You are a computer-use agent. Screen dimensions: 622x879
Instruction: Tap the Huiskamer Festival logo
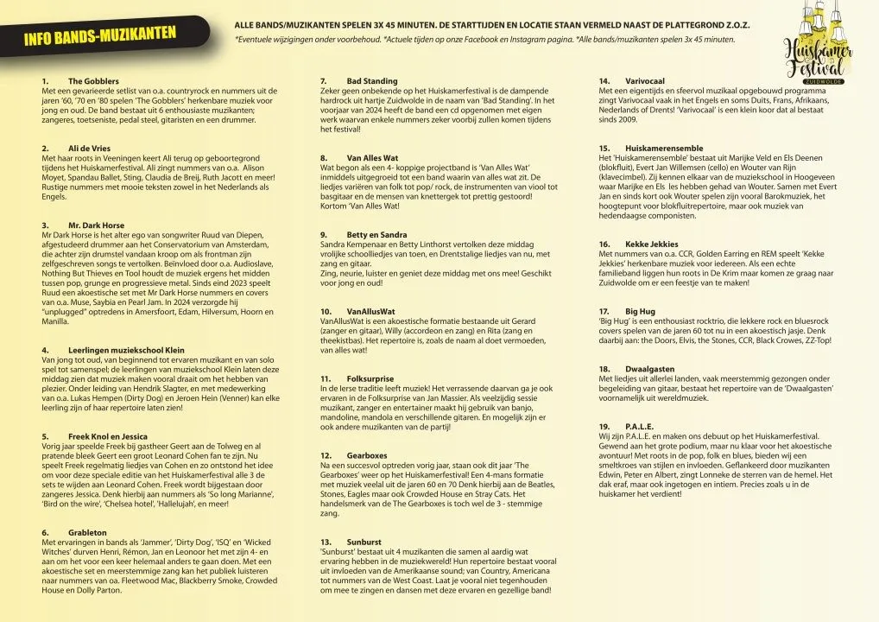817,52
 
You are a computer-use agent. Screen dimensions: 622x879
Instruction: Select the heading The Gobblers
88,81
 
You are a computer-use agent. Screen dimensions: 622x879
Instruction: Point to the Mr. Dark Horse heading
96,225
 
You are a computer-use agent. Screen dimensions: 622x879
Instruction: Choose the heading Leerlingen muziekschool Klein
126,350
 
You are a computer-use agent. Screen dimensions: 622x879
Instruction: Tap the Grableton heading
87,532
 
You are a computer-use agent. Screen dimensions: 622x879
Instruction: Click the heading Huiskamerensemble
664,149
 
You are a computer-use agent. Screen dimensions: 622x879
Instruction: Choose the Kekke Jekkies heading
652,244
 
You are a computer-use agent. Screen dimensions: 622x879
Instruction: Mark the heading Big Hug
640,311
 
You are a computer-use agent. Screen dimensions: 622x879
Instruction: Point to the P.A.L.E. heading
639,427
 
